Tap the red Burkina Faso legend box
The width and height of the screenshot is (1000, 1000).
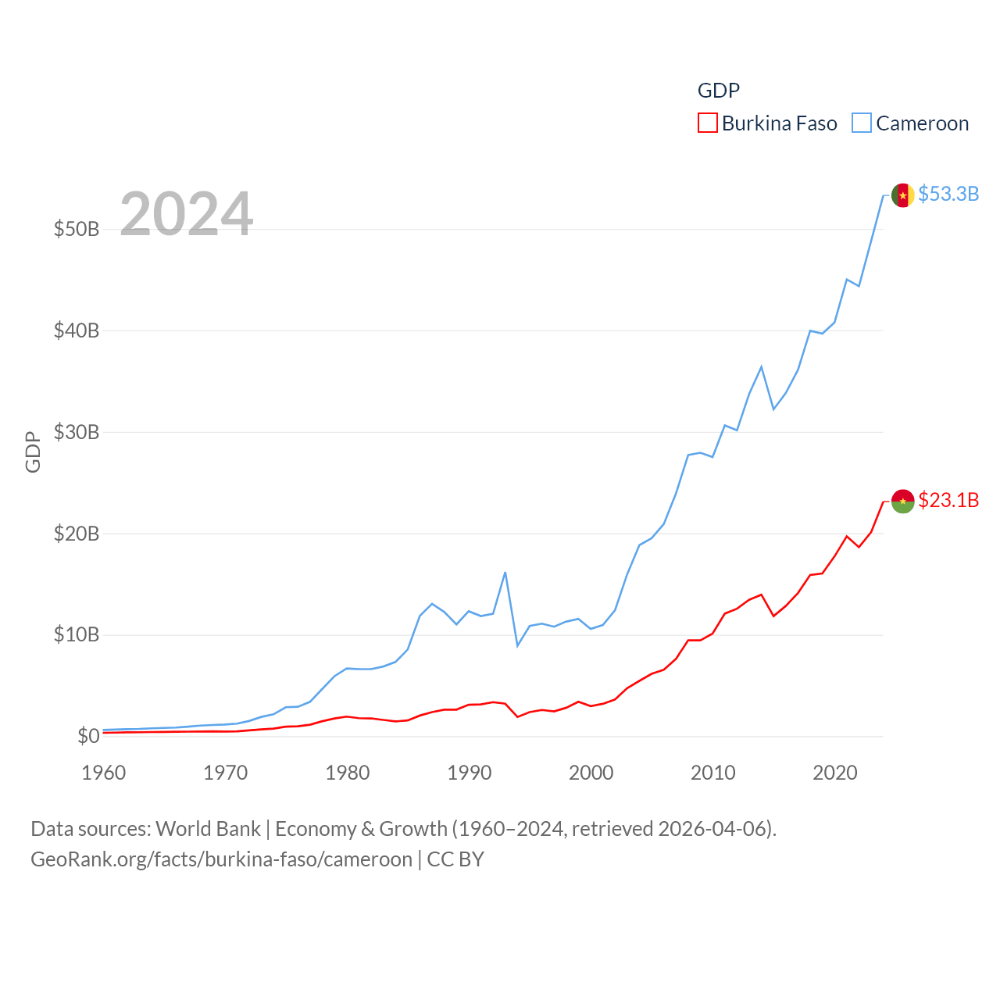point(707,123)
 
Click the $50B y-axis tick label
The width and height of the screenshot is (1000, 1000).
point(77,229)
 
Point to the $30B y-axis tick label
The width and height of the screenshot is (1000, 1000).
point(77,432)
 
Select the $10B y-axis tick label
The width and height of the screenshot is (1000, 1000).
point(77,634)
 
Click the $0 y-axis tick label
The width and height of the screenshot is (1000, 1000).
point(88,736)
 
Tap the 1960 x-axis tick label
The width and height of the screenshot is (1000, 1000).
point(104,773)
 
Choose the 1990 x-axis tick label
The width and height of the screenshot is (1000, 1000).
point(470,773)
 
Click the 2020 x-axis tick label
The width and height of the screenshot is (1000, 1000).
point(835,773)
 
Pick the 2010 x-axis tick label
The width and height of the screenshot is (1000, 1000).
point(713,773)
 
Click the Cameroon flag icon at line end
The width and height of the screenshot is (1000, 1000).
point(902,195)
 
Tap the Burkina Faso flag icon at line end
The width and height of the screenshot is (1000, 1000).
point(902,502)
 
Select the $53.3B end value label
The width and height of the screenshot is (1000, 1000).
point(948,194)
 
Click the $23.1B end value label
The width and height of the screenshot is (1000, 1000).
point(948,500)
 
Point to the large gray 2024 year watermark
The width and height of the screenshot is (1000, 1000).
point(186,214)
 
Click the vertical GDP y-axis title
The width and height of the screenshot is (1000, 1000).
point(33,452)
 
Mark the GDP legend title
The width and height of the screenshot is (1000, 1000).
point(718,91)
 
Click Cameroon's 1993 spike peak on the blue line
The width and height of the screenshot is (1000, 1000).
point(505,573)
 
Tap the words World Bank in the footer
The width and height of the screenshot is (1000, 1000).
point(208,828)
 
